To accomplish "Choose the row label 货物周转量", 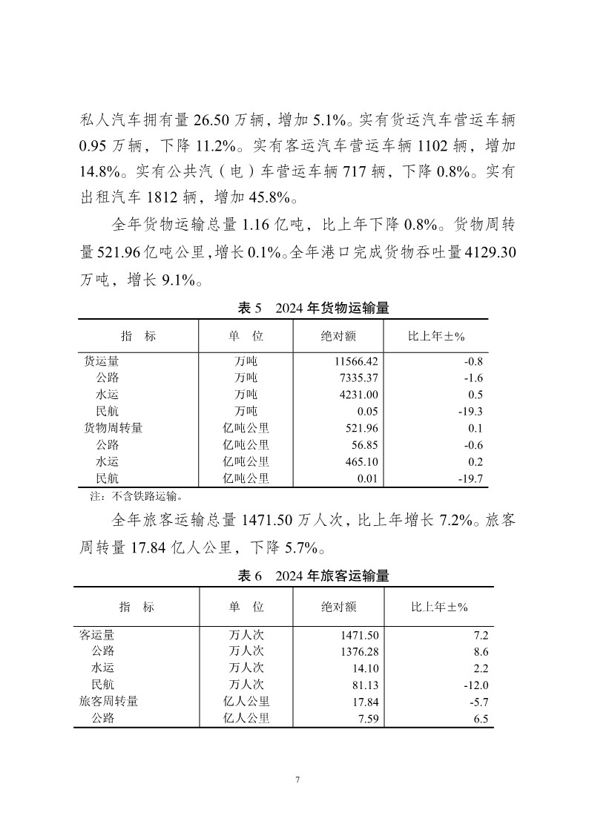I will [x=113, y=428].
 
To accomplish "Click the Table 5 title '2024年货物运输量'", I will [x=312, y=308].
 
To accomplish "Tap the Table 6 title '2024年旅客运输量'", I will [x=312, y=576].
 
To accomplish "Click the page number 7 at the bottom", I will [x=297, y=780].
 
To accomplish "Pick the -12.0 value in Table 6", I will [x=474, y=684].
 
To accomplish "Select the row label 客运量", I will [x=97, y=634].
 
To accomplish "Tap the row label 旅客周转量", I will [x=109, y=701].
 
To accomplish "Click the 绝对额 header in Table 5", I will [x=338, y=336].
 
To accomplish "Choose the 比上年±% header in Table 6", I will [x=439, y=607].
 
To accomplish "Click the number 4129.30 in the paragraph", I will [x=490, y=252].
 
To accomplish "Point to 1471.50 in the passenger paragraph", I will [x=270, y=520].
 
